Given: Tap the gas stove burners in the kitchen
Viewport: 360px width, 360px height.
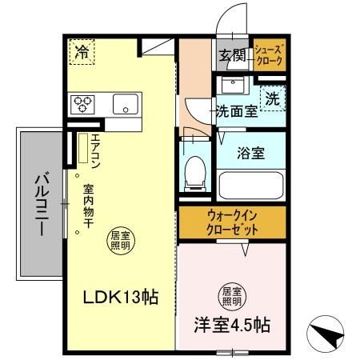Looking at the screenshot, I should point(82,102).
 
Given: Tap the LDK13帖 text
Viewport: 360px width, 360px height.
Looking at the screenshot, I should point(121,298).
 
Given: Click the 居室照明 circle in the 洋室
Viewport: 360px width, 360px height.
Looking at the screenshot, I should point(231,296).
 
